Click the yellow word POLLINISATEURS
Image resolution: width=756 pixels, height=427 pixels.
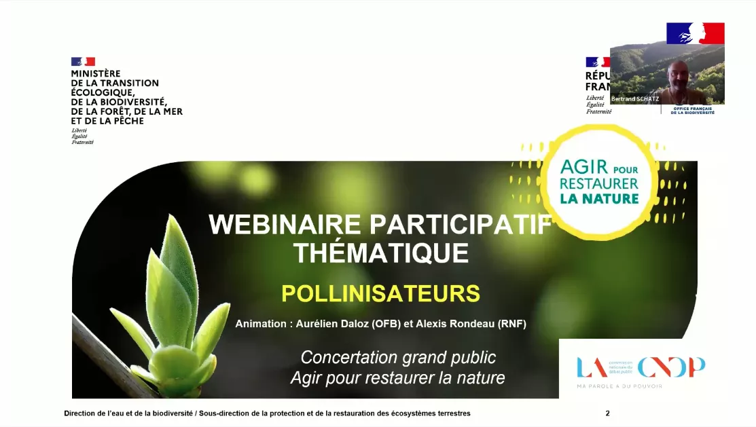[380, 294]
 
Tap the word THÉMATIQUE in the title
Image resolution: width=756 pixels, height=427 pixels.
[381, 253]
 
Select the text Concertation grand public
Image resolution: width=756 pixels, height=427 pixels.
[398, 357]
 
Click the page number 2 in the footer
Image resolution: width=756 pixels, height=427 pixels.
[608, 413]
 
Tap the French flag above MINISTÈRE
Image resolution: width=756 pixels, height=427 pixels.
[83, 62]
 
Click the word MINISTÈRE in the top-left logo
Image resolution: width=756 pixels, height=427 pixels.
[96, 73]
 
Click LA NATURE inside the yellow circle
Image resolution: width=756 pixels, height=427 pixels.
[599, 199]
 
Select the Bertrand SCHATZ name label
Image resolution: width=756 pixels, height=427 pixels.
[636, 99]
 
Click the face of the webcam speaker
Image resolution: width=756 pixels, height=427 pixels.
[676, 71]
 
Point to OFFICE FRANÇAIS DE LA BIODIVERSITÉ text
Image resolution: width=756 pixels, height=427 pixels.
[694, 110]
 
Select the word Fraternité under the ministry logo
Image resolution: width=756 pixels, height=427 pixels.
[82, 142]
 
